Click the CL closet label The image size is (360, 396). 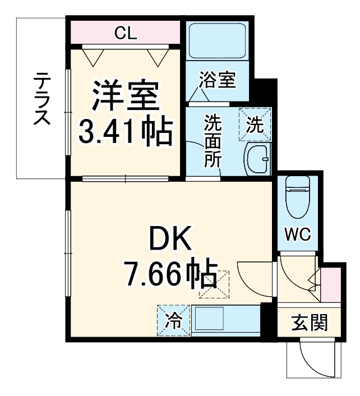pyautogui.click(x=126, y=33)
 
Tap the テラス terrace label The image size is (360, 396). pyautogui.click(x=41, y=99)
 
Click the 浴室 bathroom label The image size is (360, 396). pyautogui.click(x=217, y=80)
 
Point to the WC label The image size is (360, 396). pyautogui.click(x=297, y=234)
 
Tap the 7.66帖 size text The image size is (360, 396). pyautogui.click(x=169, y=275)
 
